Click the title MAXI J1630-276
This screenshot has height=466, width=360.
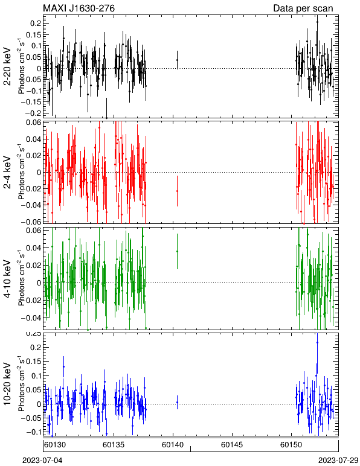click(79, 8)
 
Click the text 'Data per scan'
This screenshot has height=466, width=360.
click(303, 8)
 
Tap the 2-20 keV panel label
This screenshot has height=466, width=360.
click(7, 66)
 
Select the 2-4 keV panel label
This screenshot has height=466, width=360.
click(7, 173)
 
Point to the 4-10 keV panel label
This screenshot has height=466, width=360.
click(7, 279)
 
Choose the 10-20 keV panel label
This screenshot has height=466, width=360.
click(7, 384)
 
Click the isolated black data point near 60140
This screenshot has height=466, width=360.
click(177, 60)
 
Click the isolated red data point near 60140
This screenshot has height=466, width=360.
click(177, 191)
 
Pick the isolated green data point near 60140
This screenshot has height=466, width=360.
click(177, 252)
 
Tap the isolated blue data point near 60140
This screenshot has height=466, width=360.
click(177, 403)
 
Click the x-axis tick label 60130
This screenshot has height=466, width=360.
click(55, 445)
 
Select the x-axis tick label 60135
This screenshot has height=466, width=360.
click(114, 445)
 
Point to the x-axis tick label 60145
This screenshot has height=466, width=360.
click(232, 445)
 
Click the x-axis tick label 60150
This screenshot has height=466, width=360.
click(291, 445)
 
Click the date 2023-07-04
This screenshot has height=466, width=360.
click(42, 461)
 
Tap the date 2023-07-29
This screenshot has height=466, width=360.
click(338, 461)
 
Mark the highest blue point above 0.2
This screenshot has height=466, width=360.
click(317, 342)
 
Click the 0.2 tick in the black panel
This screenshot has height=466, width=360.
click(36, 24)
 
